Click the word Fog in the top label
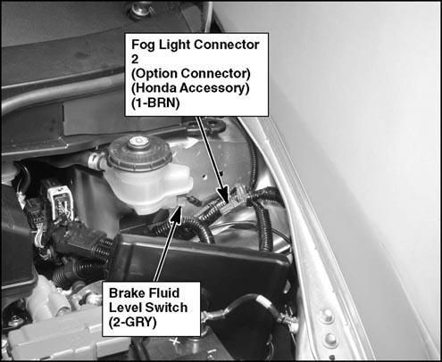click(x=143, y=45)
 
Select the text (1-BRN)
click(x=155, y=103)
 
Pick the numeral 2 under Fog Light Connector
click(x=135, y=59)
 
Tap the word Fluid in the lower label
click(x=164, y=293)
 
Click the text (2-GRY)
click(x=133, y=322)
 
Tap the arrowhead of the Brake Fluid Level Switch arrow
click(x=176, y=213)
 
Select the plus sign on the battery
click(x=176, y=341)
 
